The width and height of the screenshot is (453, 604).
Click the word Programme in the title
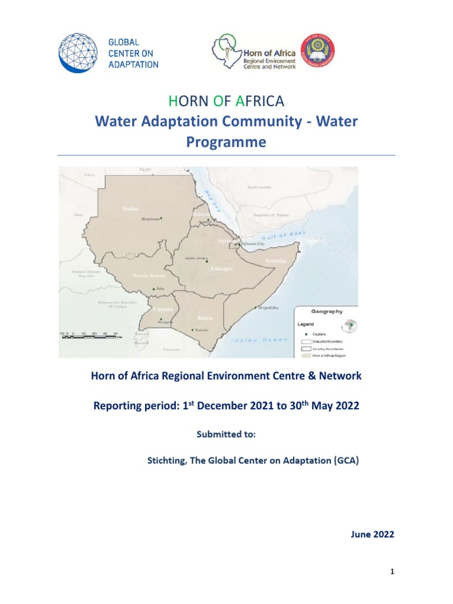[x=226, y=142]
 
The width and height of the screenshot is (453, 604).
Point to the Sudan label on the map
[x=130, y=208]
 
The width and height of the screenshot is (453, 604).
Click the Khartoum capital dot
[x=161, y=218]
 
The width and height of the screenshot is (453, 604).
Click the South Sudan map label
[x=147, y=275]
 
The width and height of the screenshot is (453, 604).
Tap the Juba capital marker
[x=154, y=288]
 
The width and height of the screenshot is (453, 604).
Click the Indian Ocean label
[x=259, y=340]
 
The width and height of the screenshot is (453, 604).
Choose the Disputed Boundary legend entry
[x=324, y=342]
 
